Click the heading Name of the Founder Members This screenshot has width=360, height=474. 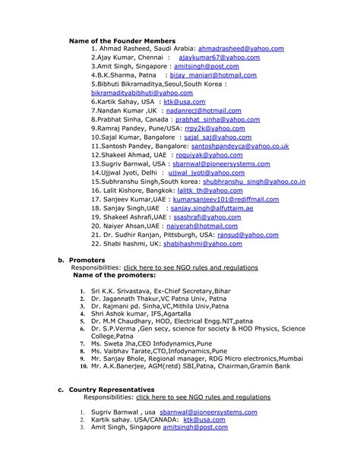click(122, 40)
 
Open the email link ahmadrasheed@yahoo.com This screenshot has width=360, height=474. click(241, 48)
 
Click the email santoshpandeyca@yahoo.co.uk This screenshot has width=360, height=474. click(239, 146)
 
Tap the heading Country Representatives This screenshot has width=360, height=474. click(114, 389)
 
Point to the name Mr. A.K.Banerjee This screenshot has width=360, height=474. click(120, 366)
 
